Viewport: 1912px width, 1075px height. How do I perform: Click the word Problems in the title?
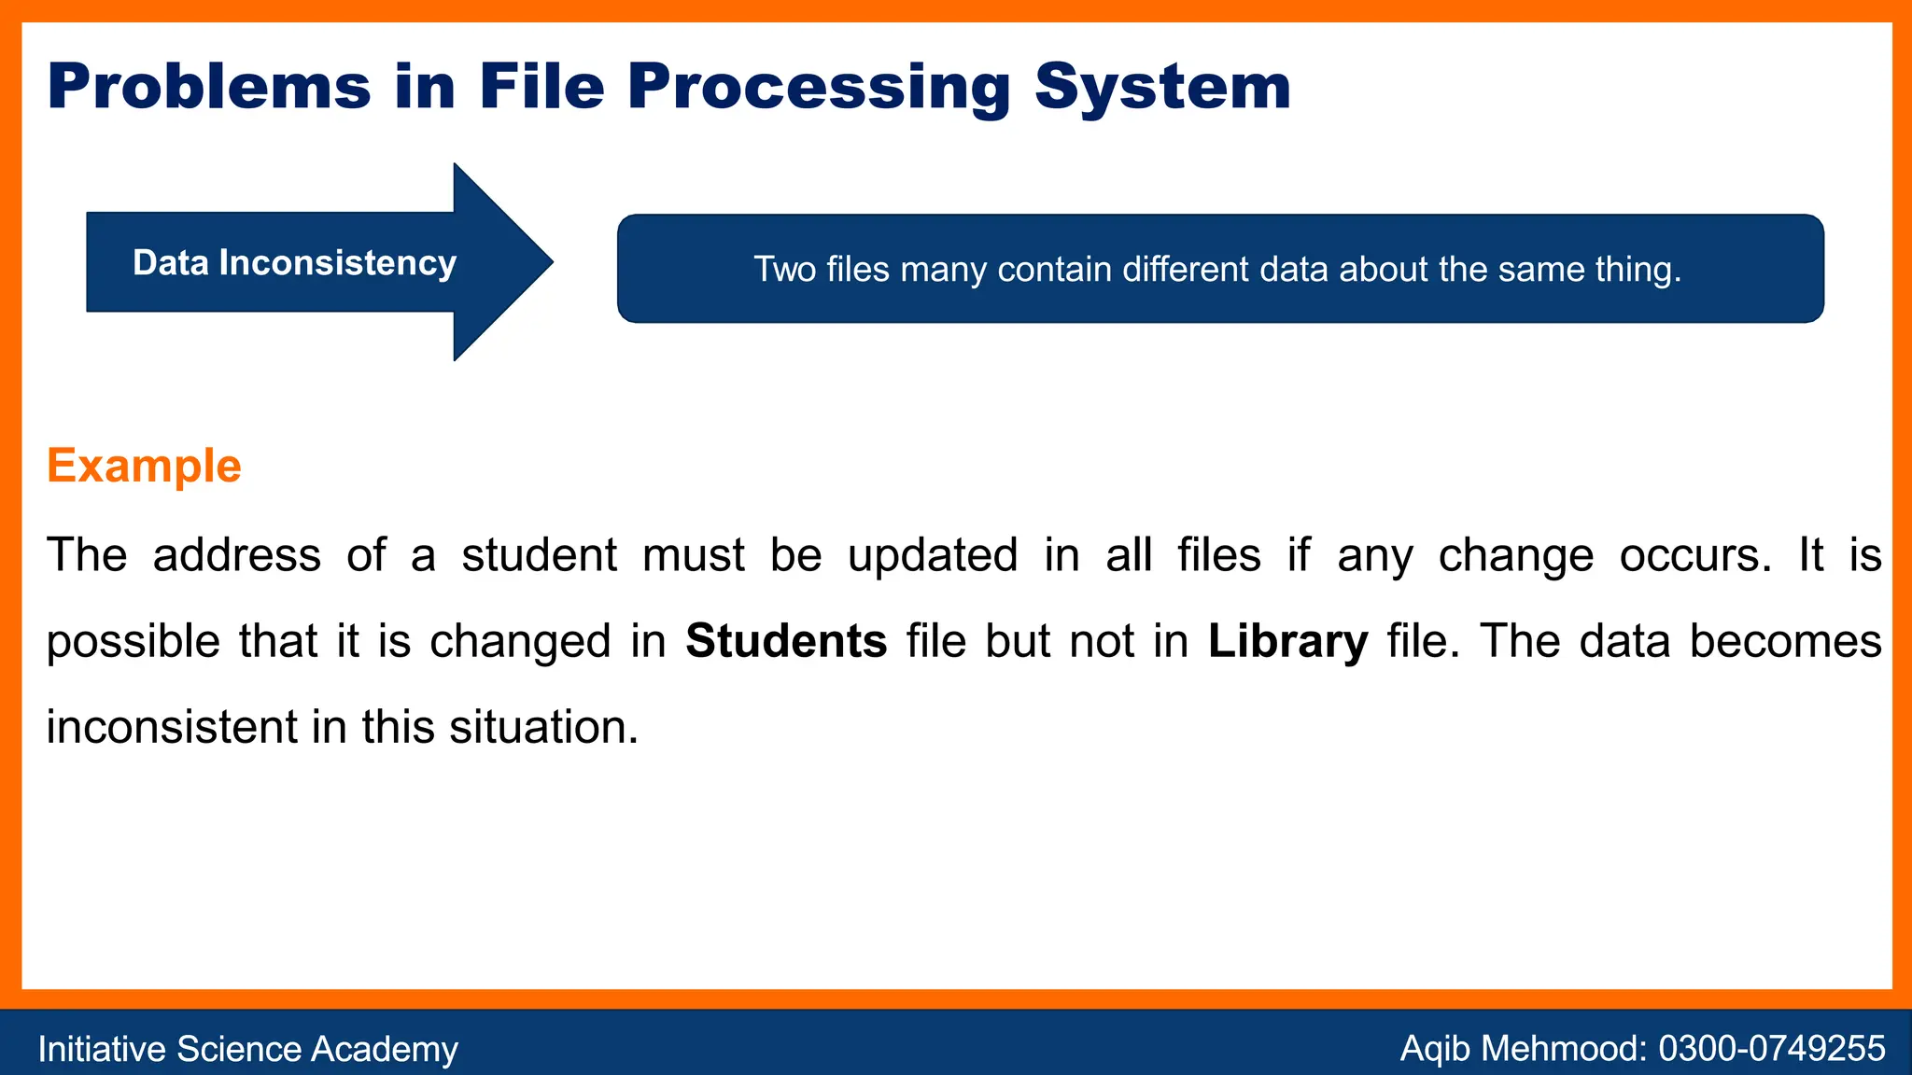click(x=209, y=87)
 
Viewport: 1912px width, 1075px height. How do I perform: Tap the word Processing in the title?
click(x=819, y=87)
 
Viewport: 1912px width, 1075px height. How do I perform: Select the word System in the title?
click(x=1162, y=87)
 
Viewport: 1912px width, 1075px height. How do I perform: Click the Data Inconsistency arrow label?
click(x=294, y=263)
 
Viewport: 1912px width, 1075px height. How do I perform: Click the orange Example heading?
click(x=144, y=465)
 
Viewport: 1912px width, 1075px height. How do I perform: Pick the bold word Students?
click(x=786, y=641)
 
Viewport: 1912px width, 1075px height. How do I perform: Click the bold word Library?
click(x=1288, y=641)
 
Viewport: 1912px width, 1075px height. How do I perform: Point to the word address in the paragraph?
click(x=237, y=555)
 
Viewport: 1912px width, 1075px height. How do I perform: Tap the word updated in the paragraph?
click(x=933, y=555)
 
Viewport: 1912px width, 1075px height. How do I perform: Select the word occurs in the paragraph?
click(x=1695, y=555)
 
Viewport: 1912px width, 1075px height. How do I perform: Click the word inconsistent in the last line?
click(x=172, y=727)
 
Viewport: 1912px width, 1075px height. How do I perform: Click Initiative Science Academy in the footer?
click(x=247, y=1049)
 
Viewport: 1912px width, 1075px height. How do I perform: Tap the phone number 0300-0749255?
click(x=1772, y=1049)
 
